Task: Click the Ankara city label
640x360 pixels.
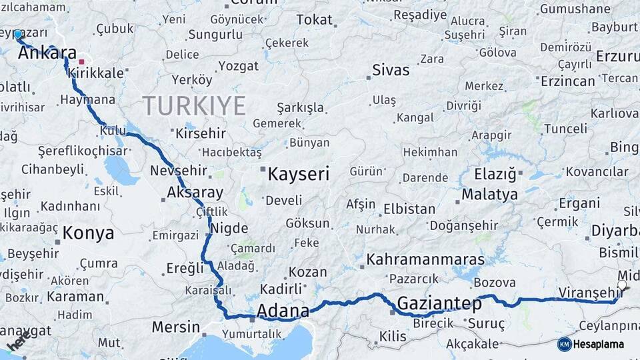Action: click(47, 53)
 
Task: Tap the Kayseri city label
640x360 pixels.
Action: click(298, 175)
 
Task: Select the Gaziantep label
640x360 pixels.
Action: click(439, 304)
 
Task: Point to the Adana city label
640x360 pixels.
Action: click(283, 311)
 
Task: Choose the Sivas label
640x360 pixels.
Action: click(391, 70)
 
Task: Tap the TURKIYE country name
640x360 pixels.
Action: click(194, 105)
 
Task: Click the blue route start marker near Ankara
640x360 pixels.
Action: click(17, 33)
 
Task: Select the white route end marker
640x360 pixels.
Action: click(622, 285)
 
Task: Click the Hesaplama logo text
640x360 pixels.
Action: click(599, 344)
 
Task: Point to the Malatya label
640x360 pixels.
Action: click(489, 195)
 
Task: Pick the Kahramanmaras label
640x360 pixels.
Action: click(425, 259)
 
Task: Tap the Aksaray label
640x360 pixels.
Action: click(195, 193)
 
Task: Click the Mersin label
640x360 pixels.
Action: click(175, 327)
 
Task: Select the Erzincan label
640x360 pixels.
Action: click(567, 81)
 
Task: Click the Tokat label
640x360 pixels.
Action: click(314, 20)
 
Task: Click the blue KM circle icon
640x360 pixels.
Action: click(564, 344)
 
